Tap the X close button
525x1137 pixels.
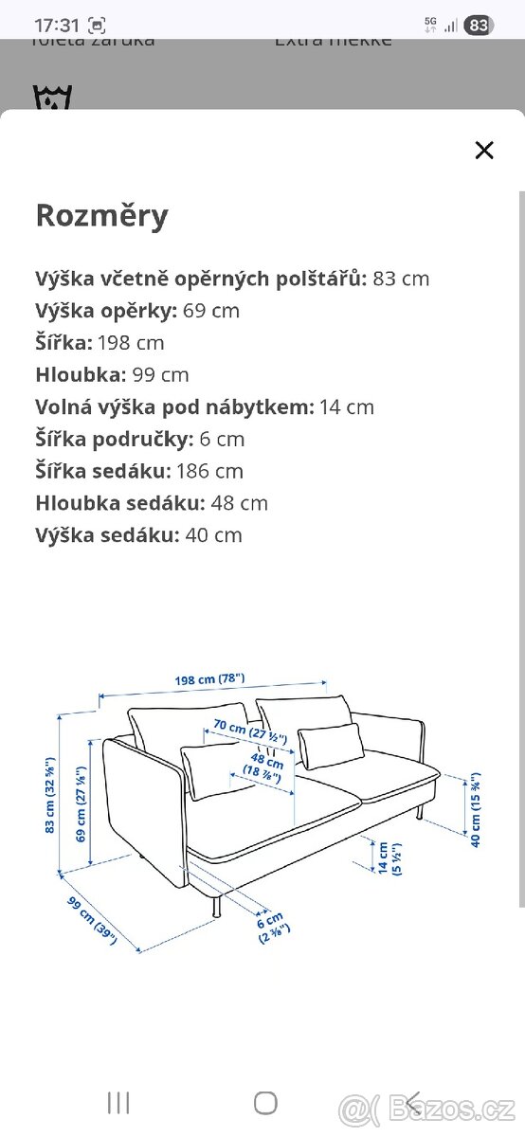point(484,150)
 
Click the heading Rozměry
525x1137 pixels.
point(101,216)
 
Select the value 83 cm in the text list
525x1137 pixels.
point(401,279)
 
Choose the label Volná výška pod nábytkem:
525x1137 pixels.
point(173,406)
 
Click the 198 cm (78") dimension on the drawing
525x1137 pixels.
point(210,678)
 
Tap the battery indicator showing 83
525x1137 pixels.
point(480,26)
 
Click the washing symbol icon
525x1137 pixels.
point(52,98)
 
